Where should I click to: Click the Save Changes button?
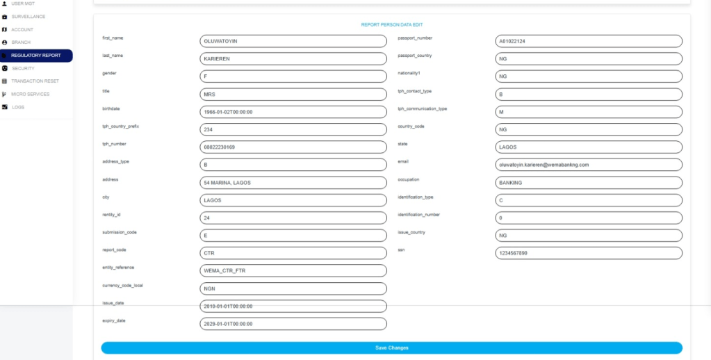(391, 347)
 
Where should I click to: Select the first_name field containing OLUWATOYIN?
(293, 41)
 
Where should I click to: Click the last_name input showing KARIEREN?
(293, 58)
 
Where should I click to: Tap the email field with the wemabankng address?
(588, 165)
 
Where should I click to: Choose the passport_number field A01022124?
(588, 41)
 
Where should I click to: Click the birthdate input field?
(293, 112)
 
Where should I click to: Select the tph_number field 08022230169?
(293, 147)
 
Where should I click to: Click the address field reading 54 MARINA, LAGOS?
(293, 183)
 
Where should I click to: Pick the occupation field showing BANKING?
(588, 183)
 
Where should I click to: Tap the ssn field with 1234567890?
(588, 253)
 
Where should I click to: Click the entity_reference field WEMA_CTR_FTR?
(293, 270)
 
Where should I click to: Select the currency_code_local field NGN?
(293, 288)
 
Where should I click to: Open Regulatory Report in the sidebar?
(36, 56)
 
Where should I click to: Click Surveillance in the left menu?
(28, 17)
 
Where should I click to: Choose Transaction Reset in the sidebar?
(35, 81)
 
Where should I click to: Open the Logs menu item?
(18, 107)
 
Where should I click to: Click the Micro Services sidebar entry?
(31, 94)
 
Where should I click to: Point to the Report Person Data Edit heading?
(391, 25)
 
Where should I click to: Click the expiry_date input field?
(293, 324)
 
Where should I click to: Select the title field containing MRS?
(293, 94)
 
